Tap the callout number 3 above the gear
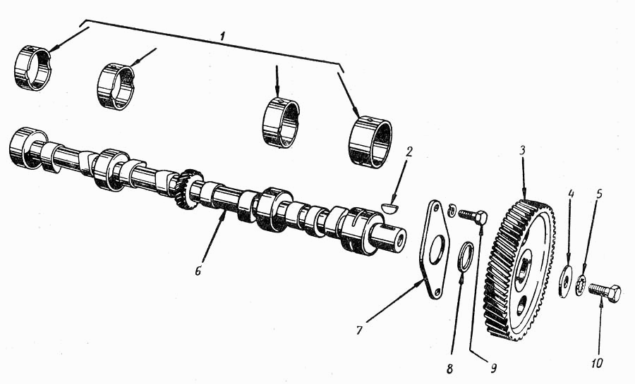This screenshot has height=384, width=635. click(x=522, y=151)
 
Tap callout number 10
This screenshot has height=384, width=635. click(x=596, y=364)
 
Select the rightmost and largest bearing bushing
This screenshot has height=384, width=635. click(x=370, y=141)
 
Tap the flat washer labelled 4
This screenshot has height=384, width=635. click(x=567, y=281)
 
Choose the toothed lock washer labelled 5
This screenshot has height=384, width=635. click(x=581, y=285)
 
